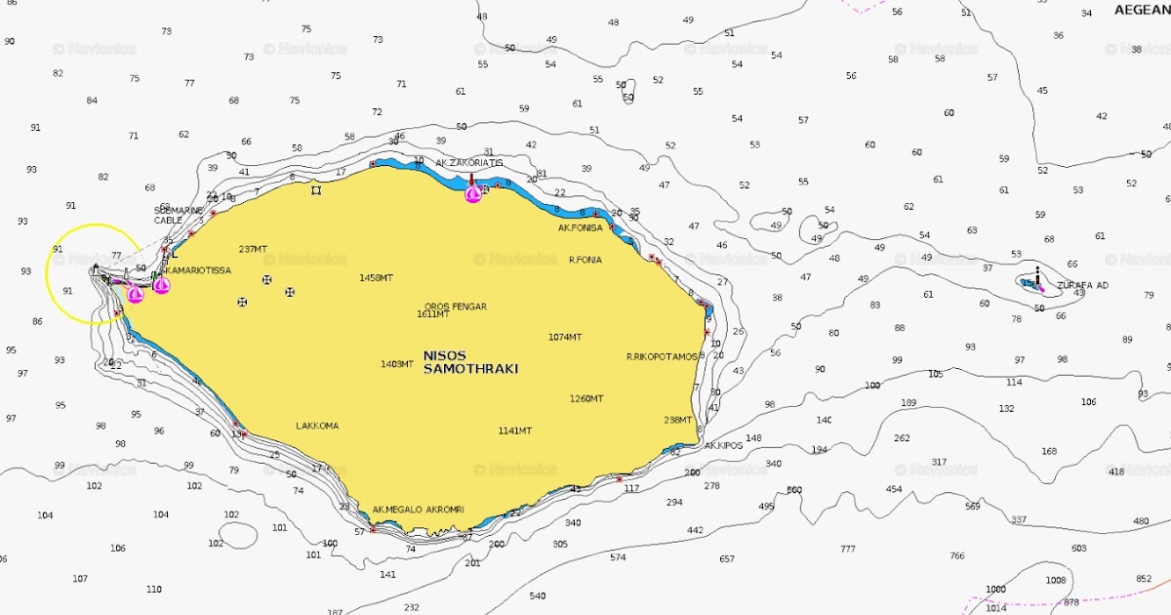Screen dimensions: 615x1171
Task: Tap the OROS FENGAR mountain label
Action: coord(455,307)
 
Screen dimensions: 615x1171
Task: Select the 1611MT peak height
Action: coord(433,314)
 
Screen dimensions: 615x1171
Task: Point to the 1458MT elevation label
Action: coord(376,278)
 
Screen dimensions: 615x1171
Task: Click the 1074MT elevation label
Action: coord(565,337)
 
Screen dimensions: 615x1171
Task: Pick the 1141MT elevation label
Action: coord(515,430)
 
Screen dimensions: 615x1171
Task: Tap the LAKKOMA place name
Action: coord(317,426)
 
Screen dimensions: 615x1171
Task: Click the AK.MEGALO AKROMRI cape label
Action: coord(418,510)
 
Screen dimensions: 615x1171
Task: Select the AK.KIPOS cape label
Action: coord(723,445)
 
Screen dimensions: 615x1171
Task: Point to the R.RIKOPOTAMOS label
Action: coord(662,357)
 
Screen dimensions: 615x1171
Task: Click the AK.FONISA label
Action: coord(581,227)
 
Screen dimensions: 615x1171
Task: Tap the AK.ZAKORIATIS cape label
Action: coord(469,163)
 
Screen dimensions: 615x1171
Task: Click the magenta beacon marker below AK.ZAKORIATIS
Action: coord(473,193)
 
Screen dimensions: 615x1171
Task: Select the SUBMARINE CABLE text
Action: coord(179,215)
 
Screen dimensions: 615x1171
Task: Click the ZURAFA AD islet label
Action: coord(1082,285)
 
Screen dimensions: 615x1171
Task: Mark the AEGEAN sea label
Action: coord(1142,10)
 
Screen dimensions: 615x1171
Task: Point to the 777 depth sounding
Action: coord(847,549)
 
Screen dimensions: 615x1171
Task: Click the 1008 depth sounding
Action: coord(1056,580)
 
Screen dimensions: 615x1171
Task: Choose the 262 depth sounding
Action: coord(902,438)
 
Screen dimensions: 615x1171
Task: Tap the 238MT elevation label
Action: coord(677,420)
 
